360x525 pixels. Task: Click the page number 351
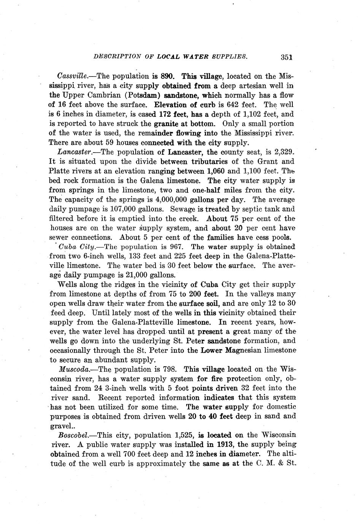pos(286,57)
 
